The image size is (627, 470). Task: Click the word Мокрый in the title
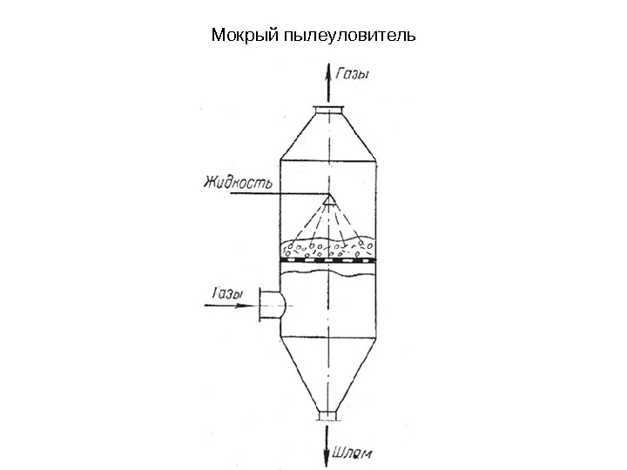click(x=241, y=37)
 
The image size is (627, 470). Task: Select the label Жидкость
click(x=240, y=183)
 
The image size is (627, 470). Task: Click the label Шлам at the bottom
click(x=353, y=453)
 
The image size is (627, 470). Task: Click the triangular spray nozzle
click(x=329, y=201)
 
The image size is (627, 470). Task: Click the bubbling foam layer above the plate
click(x=329, y=247)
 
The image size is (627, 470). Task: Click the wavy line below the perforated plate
click(x=329, y=273)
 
